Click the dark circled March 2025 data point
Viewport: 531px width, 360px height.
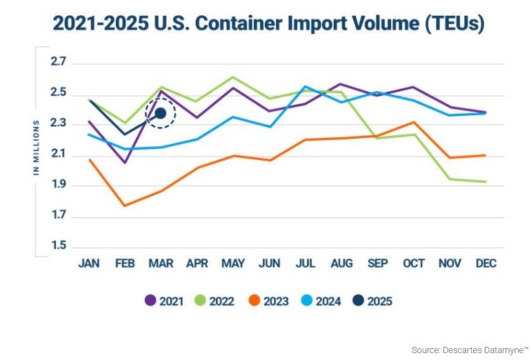click(161, 113)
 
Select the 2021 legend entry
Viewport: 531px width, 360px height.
click(166, 301)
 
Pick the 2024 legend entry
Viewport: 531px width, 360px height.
click(322, 301)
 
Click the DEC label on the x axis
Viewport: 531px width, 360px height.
click(485, 263)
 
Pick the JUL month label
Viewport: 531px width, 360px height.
click(305, 263)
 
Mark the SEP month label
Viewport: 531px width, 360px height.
click(378, 263)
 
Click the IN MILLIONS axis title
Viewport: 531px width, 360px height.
click(37, 144)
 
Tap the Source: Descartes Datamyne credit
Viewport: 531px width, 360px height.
click(469, 350)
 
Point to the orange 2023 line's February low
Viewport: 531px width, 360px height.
click(125, 206)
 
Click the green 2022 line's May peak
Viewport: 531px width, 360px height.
click(232, 77)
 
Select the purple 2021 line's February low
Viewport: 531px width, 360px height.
click(125, 163)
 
